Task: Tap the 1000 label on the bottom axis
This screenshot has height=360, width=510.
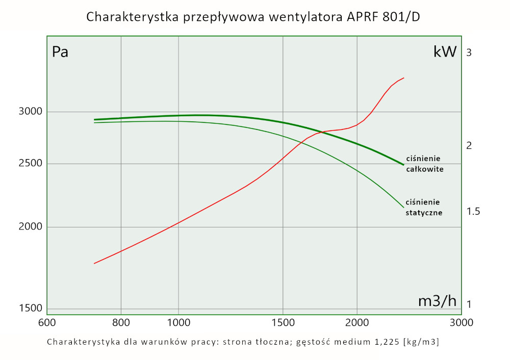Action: (178, 322)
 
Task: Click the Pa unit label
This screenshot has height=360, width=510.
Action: (60, 52)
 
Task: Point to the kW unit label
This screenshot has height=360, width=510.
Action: (445, 52)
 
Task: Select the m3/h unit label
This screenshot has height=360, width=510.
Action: (437, 301)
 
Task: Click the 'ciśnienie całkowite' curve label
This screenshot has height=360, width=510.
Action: (423, 163)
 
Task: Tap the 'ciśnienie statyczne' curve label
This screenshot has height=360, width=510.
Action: (423, 207)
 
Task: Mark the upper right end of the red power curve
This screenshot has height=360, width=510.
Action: (404, 78)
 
